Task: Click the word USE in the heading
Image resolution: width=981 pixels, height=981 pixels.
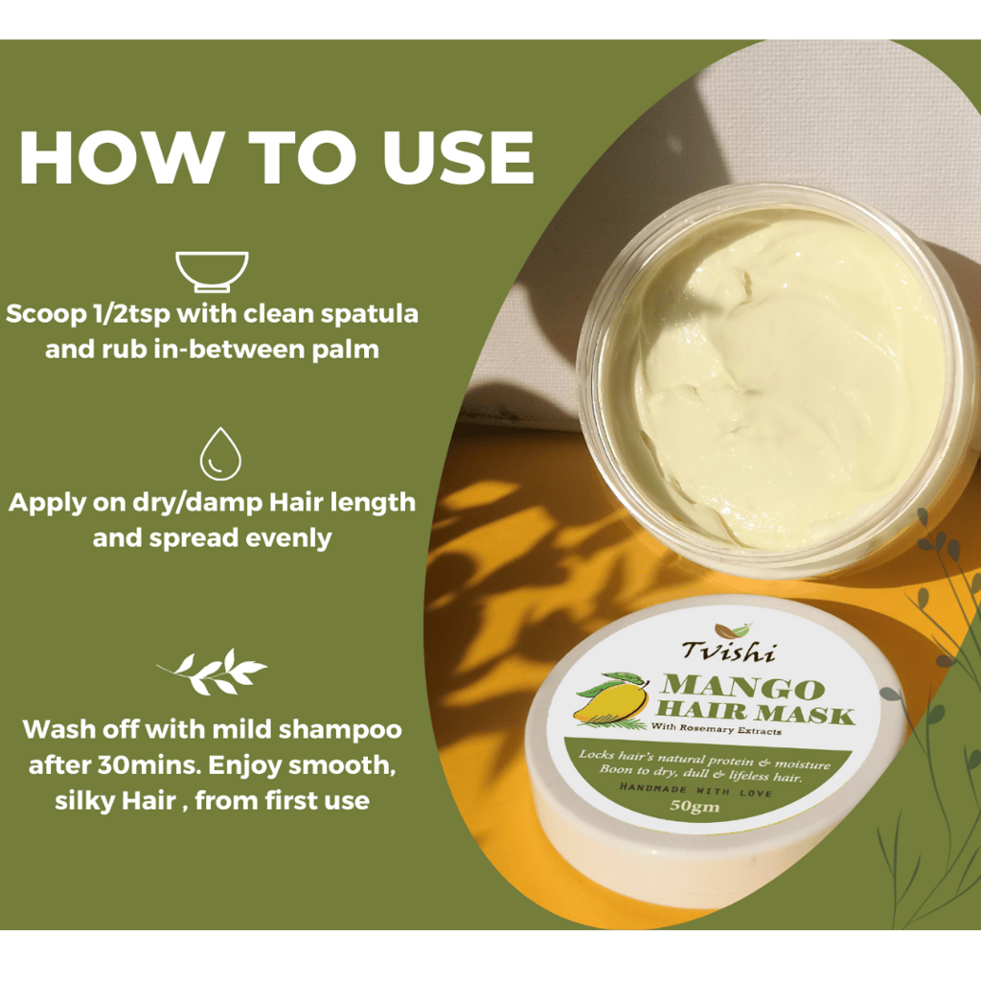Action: (459, 157)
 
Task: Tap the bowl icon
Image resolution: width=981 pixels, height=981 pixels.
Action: (212, 271)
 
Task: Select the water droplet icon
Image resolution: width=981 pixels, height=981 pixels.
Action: (220, 453)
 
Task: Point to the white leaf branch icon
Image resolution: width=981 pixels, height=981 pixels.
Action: (212, 672)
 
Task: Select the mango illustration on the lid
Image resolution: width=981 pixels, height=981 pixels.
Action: (611, 699)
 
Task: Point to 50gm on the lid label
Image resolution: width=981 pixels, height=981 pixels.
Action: (695, 805)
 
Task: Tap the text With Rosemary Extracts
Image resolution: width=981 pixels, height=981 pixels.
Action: (717, 729)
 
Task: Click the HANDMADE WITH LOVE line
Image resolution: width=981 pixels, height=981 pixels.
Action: (696, 789)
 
